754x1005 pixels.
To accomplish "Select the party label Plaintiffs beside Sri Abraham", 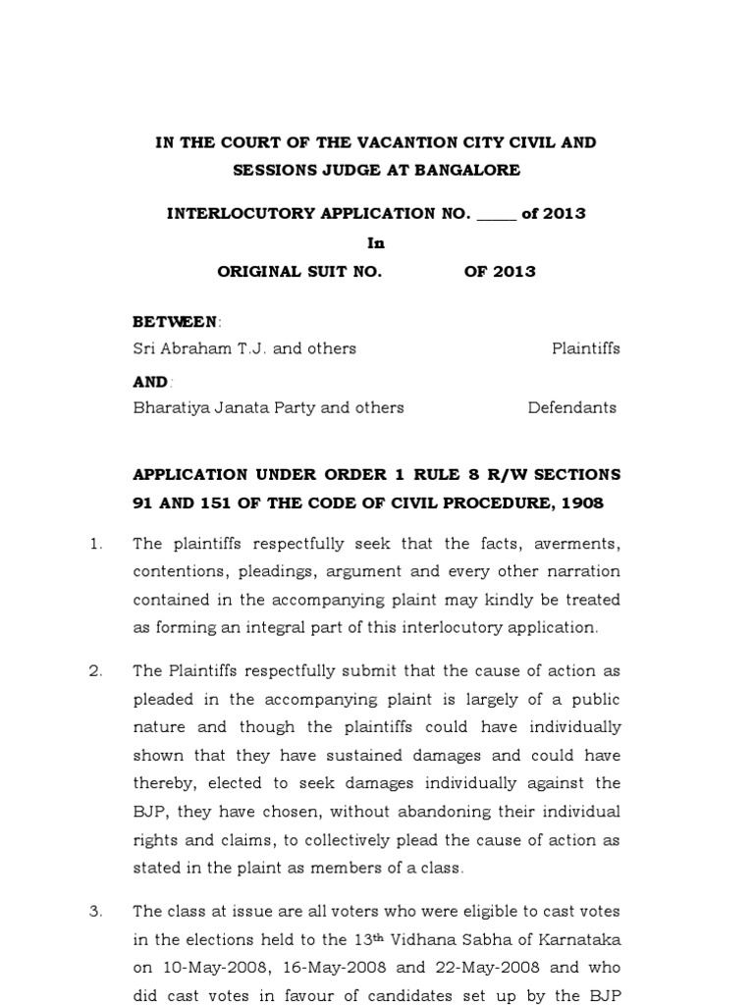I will pos(585,348).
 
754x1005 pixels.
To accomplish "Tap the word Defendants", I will pos(572,407).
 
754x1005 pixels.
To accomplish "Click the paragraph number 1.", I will pos(95,544).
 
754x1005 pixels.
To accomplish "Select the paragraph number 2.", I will pos(95,671).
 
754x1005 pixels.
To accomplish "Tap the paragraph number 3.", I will pos(95,912).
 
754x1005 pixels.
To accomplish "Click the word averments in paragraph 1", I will pos(579,544).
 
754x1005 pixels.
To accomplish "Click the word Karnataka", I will pos(580,940).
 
